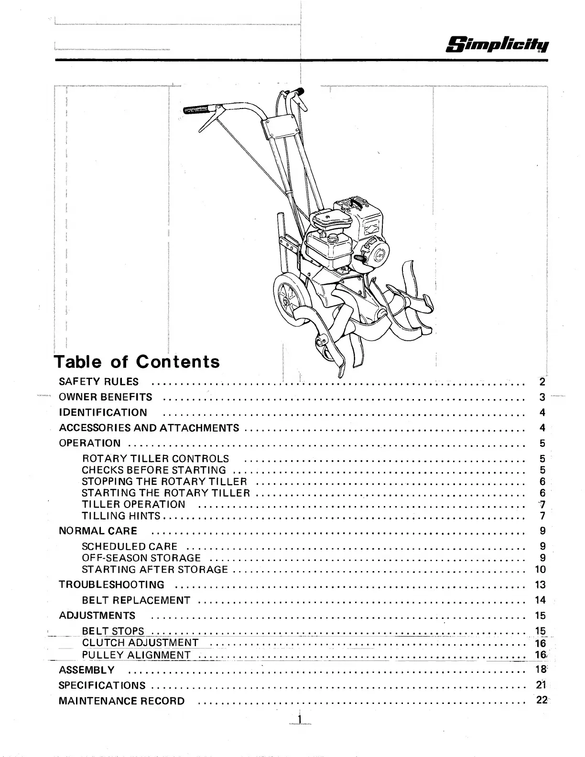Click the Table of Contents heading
[x=137, y=361]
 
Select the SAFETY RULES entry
[x=98, y=382]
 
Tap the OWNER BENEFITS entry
[x=105, y=397]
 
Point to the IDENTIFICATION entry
[x=103, y=412]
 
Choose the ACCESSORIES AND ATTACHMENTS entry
[x=149, y=428]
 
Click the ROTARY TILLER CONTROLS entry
[x=155, y=459]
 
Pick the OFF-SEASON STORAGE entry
[x=141, y=558]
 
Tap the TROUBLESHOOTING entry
[x=111, y=584]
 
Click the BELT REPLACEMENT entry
[x=136, y=600]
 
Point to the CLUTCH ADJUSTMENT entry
[x=140, y=643]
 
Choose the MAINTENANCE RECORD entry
[x=121, y=701]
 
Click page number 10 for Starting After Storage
[x=540, y=570]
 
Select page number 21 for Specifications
[x=541, y=685]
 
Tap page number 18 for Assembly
[x=541, y=670]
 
